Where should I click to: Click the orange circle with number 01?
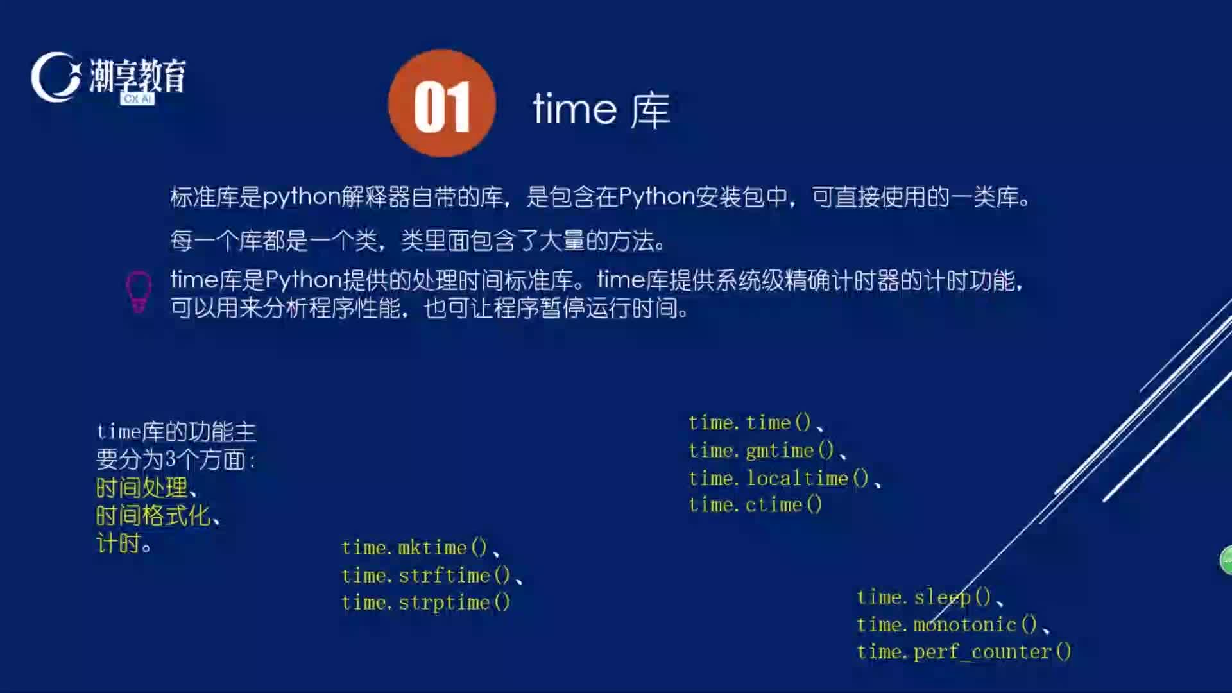[x=442, y=103]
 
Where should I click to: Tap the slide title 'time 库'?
[x=601, y=110]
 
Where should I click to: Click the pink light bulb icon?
[x=139, y=292]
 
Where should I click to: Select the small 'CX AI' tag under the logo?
[x=137, y=99]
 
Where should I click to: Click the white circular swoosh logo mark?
[x=55, y=77]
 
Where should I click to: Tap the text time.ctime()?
[x=755, y=505]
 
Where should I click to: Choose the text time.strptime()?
[x=426, y=603]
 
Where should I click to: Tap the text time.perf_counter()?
[x=964, y=652]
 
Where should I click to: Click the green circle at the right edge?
[x=1226, y=560]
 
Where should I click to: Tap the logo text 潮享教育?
[x=137, y=76]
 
